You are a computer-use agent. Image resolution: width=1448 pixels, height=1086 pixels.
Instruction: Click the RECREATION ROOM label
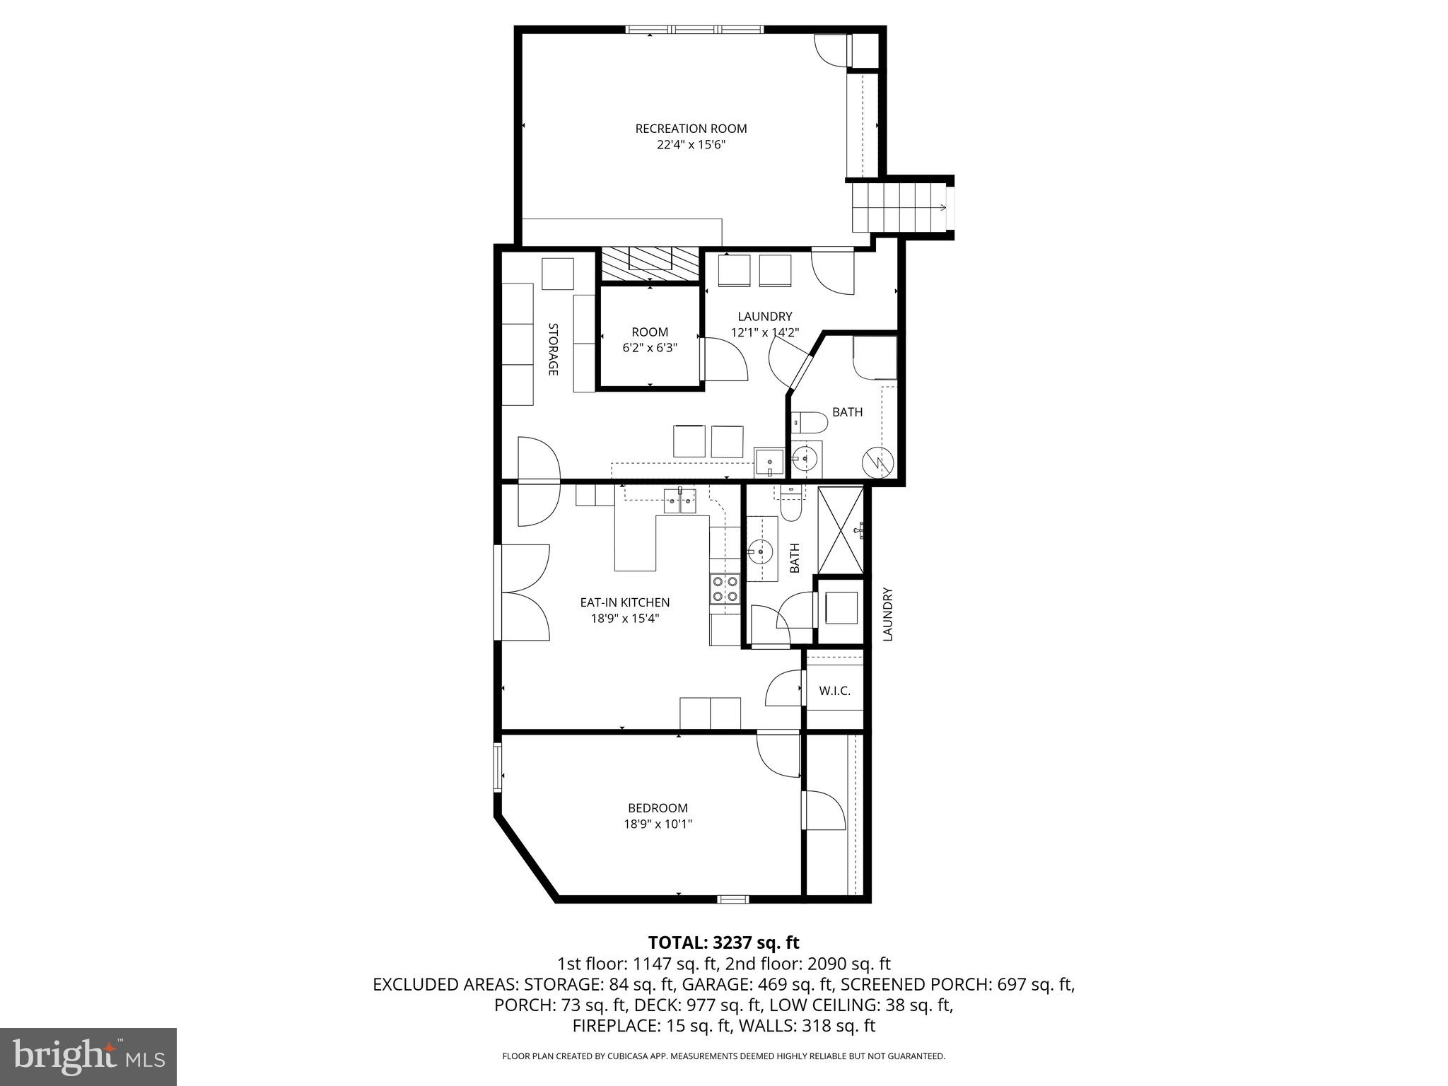(x=691, y=129)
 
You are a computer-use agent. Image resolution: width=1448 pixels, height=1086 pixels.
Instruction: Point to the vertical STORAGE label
(x=553, y=349)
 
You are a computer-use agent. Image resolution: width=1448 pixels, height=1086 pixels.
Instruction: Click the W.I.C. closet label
(x=834, y=691)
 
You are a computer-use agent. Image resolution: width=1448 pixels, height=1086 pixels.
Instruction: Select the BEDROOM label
(x=658, y=807)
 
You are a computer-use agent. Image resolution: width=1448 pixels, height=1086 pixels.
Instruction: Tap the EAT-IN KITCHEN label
(x=624, y=602)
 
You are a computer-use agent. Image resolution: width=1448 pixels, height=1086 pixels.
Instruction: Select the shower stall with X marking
(x=841, y=530)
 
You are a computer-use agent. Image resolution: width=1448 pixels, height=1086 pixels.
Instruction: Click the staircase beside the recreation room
(x=899, y=207)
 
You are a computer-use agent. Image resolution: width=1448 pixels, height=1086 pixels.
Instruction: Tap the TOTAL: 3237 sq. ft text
(x=723, y=942)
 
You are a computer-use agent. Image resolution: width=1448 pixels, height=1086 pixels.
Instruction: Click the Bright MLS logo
(x=88, y=1056)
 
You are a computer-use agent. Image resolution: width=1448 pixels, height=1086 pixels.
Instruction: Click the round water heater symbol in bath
(x=878, y=463)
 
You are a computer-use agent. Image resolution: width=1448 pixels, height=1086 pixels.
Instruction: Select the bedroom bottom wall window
(x=732, y=899)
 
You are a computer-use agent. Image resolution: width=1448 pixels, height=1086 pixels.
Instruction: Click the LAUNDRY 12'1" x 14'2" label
(x=764, y=324)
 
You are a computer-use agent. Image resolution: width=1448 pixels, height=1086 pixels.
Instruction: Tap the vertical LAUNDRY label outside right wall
(x=888, y=614)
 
